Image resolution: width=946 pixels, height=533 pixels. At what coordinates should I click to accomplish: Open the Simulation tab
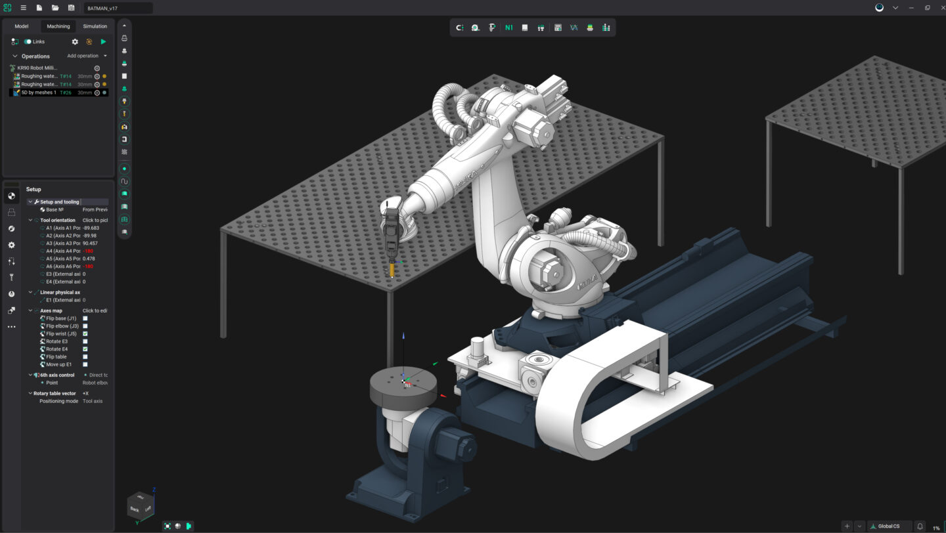pyautogui.click(x=95, y=26)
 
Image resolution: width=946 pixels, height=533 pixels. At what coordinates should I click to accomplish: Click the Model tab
pyautogui.click(x=22, y=26)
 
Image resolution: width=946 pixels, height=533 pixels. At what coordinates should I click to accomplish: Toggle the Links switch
pyautogui.click(x=28, y=41)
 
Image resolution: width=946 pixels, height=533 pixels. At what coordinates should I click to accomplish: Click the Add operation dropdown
pyautogui.click(x=87, y=56)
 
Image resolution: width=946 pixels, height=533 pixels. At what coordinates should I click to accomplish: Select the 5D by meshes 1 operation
pyautogui.click(x=38, y=93)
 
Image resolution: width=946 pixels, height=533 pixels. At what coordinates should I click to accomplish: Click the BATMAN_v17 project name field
pyautogui.click(x=118, y=8)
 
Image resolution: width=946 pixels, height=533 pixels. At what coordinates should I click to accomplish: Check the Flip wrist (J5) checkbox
pyautogui.click(x=85, y=333)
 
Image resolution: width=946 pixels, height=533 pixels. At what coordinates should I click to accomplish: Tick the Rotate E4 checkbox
pyautogui.click(x=85, y=349)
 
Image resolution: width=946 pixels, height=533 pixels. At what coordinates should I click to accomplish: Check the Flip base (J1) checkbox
pyautogui.click(x=85, y=318)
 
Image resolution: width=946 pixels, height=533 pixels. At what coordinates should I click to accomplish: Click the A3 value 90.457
pyautogui.click(x=90, y=243)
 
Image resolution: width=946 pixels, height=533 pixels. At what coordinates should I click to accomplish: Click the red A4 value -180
pyautogui.click(x=87, y=251)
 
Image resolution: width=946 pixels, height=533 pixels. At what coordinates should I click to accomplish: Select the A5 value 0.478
pyautogui.click(x=89, y=259)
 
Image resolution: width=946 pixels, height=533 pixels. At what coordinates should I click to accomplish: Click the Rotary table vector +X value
pyautogui.click(x=85, y=393)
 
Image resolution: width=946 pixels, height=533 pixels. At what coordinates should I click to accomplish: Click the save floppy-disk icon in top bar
pyautogui.click(x=71, y=8)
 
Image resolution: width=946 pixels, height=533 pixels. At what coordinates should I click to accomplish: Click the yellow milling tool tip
pyautogui.click(x=392, y=270)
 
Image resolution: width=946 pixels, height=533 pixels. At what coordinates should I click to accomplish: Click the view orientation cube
pyautogui.click(x=140, y=506)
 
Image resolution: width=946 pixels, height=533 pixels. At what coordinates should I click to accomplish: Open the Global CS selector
pyautogui.click(x=889, y=526)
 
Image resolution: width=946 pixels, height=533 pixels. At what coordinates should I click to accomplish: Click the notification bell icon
pyautogui.click(x=920, y=526)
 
